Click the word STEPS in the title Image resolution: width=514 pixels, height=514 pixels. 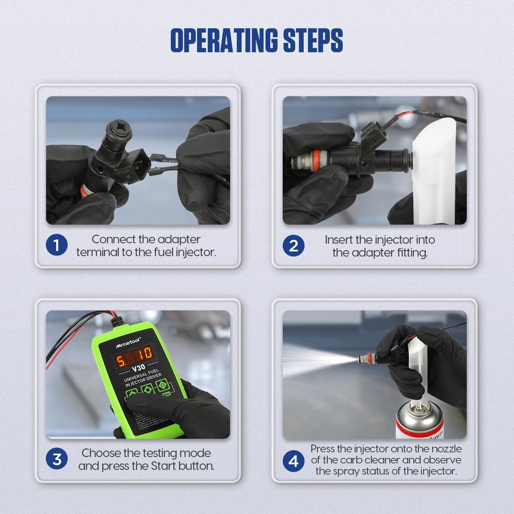point(313,40)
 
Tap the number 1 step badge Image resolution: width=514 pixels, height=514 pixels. point(57,245)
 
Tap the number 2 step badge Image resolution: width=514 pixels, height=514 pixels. point(293,245)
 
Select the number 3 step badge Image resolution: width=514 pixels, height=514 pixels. point(57,459)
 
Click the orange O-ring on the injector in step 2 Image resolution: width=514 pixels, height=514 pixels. point(316,160)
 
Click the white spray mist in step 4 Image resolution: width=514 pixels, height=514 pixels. point(311,358)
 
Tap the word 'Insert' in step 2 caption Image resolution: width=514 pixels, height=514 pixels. point(339,239)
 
